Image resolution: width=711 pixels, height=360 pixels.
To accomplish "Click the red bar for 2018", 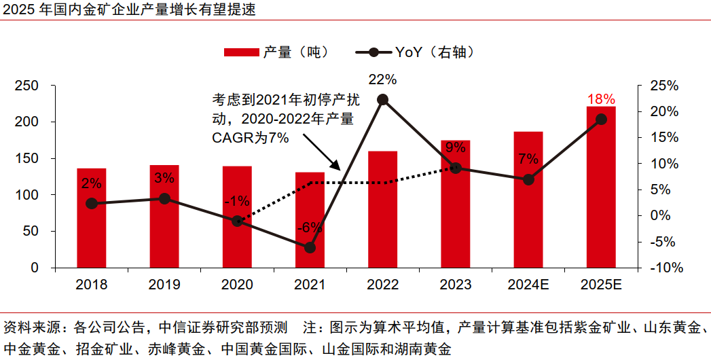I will [91, 217].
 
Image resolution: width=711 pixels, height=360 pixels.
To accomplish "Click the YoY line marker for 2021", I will [310, 248].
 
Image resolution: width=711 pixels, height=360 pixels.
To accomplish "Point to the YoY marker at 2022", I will [382, 100].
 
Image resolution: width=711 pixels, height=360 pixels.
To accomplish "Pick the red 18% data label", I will [601, 99].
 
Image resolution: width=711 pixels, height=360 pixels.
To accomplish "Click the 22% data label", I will [382, 79].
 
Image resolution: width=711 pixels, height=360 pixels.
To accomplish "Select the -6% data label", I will [310, 228].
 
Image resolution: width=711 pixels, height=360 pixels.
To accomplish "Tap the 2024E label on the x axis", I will [528, 285].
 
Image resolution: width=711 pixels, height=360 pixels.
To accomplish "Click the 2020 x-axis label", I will [237, 285].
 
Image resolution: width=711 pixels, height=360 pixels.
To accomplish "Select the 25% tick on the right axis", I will [664, 86].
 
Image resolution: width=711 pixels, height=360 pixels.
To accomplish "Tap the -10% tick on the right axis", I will [664, 268].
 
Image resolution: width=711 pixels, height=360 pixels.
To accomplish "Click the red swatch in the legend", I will [242, 52].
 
